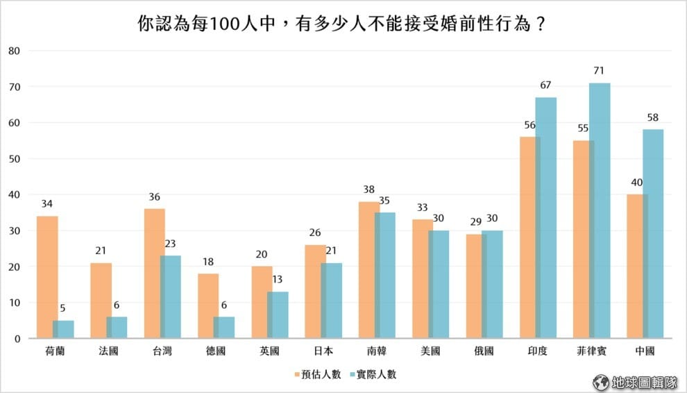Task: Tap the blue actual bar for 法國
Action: point(117,328)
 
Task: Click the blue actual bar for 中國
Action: point(653,234)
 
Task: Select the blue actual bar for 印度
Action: point(546,218)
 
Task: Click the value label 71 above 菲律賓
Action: point(600,71)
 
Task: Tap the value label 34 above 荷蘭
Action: point(47,204)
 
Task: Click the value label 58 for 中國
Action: point(653,117)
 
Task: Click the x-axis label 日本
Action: point(323,351)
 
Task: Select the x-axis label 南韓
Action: point(376,351)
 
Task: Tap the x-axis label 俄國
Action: point(484,351)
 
